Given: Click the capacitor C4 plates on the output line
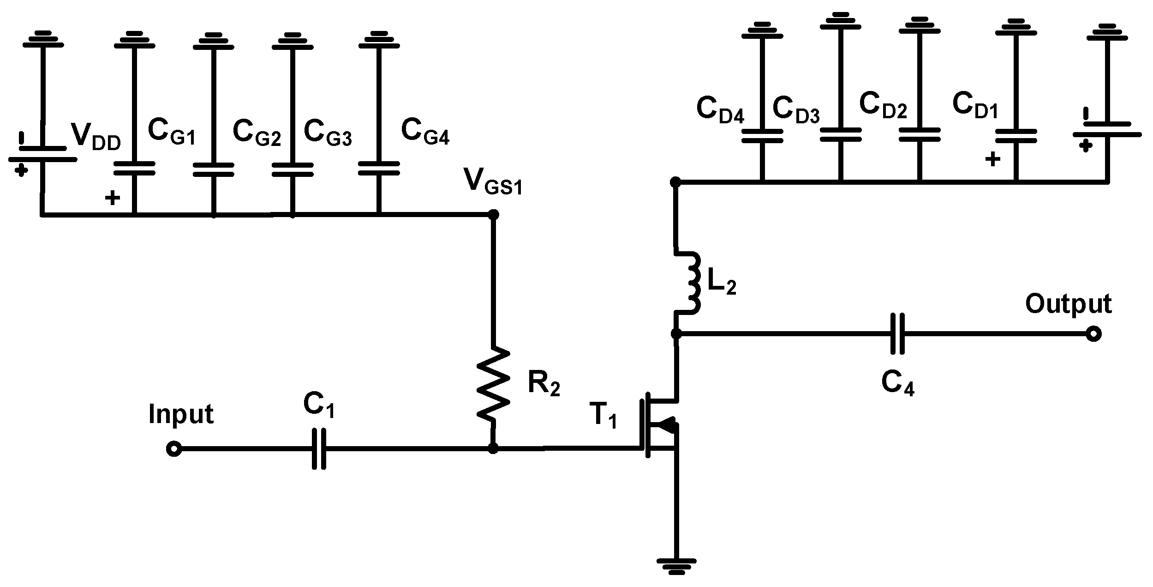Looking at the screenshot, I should [897, 333].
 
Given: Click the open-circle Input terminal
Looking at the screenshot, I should [173, 449].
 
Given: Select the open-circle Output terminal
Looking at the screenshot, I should [1093, 333].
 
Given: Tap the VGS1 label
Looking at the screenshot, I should [493, 182].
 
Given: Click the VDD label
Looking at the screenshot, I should [96, 136].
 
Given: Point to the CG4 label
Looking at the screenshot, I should [425, 132].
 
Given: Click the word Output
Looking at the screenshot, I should [1068, 305].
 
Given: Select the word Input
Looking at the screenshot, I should [180, 414].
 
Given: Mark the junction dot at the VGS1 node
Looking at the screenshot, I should [493, 214].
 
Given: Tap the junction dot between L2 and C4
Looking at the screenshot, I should [676, 333].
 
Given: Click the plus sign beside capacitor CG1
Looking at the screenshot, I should [112, 199].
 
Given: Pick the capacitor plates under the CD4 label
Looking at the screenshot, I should [762, 136].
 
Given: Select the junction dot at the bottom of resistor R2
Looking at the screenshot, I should [493, 448].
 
